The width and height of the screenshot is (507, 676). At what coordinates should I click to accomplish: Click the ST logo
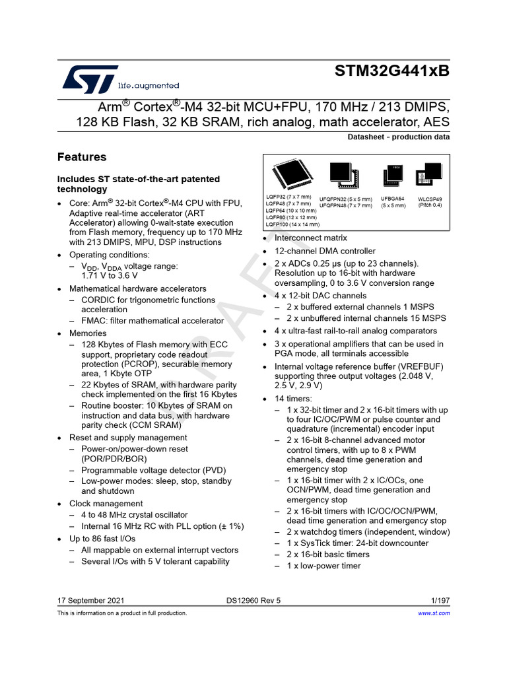[90, 79]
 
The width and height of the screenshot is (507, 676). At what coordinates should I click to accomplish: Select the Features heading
[82, 157]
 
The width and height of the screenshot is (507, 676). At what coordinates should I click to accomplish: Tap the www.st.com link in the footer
[434, 613]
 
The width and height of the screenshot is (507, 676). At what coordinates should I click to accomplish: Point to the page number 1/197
[440, 601]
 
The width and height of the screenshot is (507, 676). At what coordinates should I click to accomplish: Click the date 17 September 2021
[90, 601]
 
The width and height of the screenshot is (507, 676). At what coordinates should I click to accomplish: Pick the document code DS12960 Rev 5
[253, 601]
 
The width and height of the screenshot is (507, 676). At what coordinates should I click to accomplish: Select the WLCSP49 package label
[430, 198]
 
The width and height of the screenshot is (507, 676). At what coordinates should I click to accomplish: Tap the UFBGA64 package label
[392, 198]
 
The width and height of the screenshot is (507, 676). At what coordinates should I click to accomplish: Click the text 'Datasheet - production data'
[399, 137]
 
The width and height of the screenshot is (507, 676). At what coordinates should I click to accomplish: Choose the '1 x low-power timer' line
[323, 566]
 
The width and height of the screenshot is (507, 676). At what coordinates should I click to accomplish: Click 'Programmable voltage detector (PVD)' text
[153, 470]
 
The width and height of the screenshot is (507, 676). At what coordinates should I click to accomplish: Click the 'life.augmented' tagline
[149, 86]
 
